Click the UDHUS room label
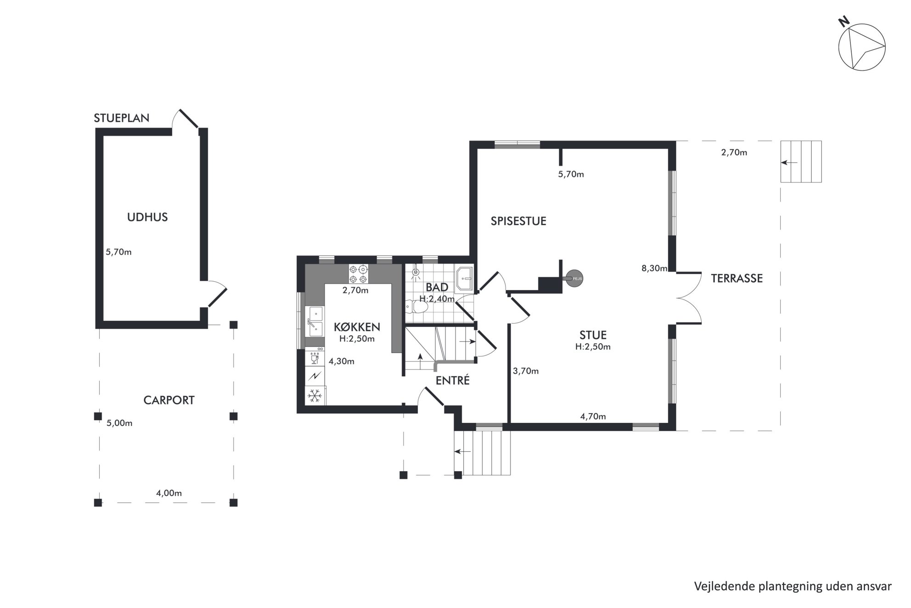tap(147, 217)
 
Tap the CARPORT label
tap(169, 400)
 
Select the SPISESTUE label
tap(518, 221)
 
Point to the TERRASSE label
tap(737, 278)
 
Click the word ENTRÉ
tap(453, 381)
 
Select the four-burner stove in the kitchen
tap(358, 274)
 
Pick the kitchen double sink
tap(315, 321)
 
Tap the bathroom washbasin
tap(464, 278)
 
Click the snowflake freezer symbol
tap(315, 396)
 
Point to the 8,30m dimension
tap(654, 268)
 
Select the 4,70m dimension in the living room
tap(593, 417)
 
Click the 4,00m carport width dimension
tap(169, 493)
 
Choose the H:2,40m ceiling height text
tap(437, 299)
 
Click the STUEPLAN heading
tap(122, 118)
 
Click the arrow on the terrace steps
tap(790, 162)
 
